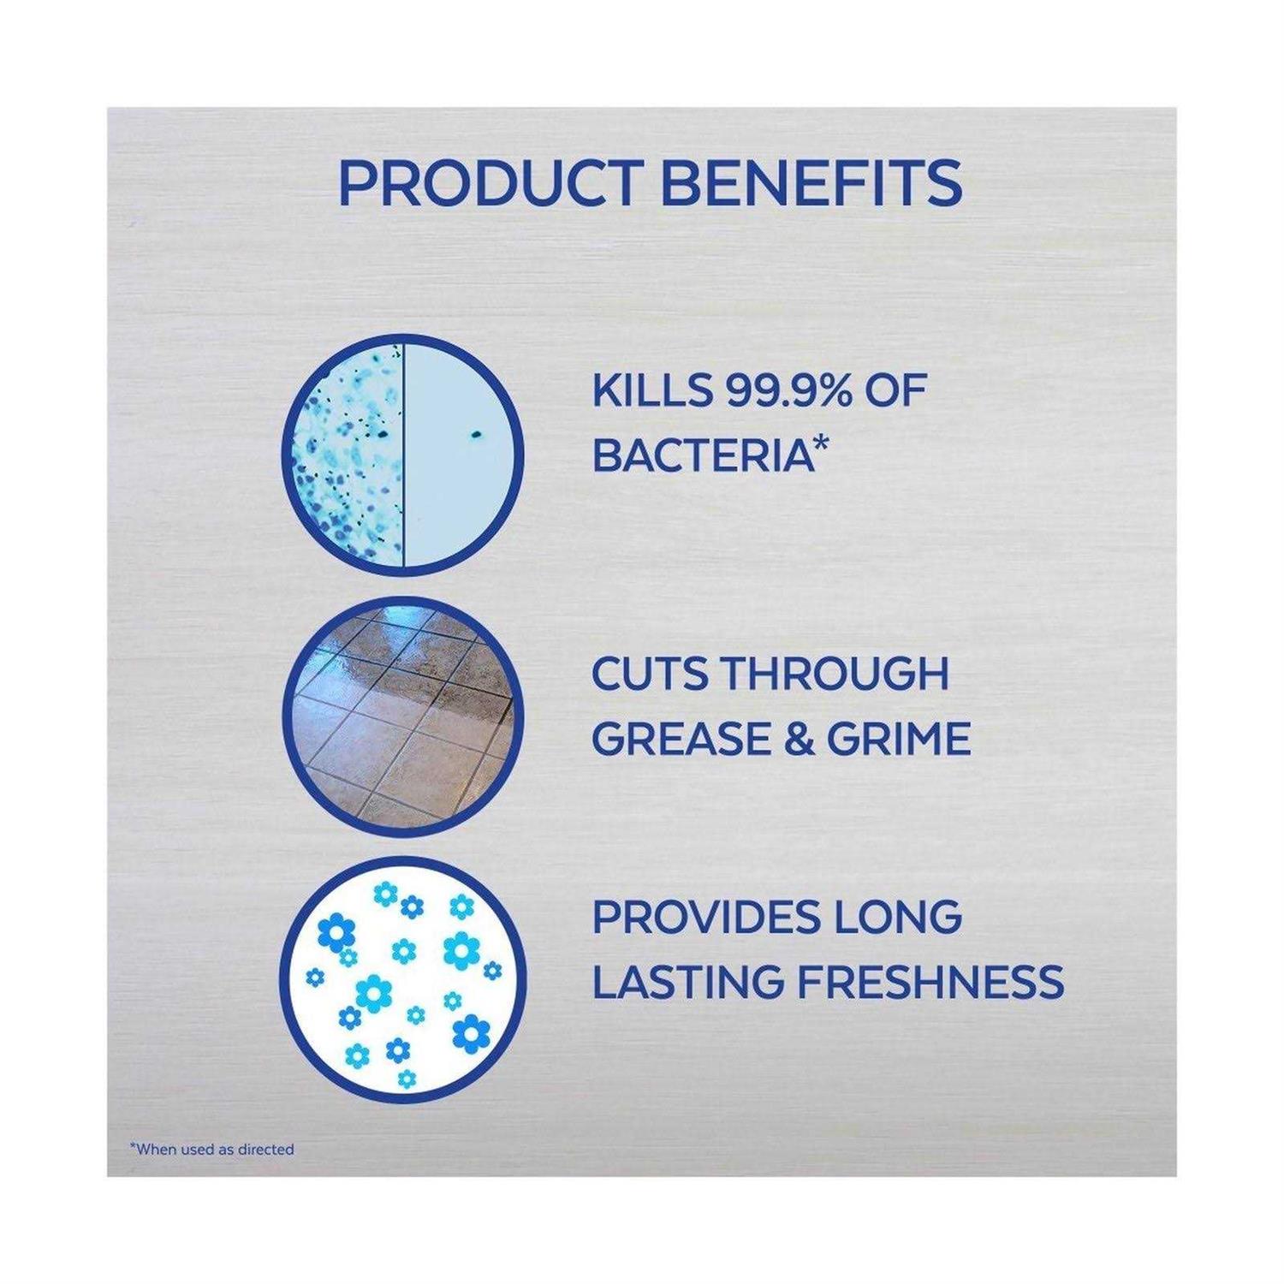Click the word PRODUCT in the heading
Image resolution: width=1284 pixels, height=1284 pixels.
pyautogui.click(x=490, y=181)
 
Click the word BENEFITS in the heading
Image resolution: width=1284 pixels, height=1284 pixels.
pyautogui.click(x=811, y=181)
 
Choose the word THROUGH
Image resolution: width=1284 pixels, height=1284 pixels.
pyautogui.click(x=835, y=675)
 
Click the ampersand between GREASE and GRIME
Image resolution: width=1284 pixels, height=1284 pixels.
pyautogui.click(x=799, y=739)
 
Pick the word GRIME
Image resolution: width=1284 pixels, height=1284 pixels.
pyautogui.click(x=898, y=739)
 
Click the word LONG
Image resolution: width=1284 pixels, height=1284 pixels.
pyautogui.click(x=889, y=917)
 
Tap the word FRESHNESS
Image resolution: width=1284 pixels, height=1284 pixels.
pyautogui.click(x=930, y=981)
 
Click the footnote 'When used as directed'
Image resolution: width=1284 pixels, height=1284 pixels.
pyautogui.click(x=211, y=1150)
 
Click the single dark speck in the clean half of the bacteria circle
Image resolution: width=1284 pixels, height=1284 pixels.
pyautogui.click(x=473, y=435)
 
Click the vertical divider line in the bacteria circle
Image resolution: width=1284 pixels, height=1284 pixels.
pyautogui.click(x=402, y=451)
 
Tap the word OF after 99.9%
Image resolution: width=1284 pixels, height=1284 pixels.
pyautogui.click(x=895, y=391)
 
